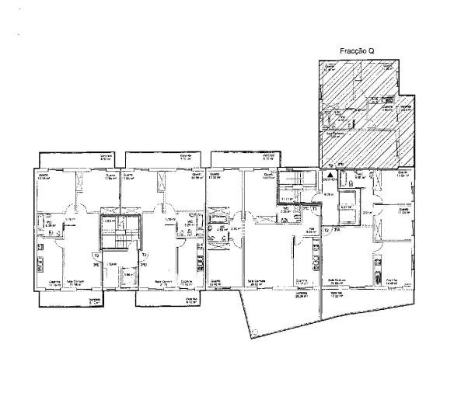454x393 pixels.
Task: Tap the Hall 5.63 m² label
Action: point(309,231)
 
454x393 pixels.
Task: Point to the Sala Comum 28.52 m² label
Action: point(257,283)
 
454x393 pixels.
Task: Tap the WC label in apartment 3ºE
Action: point(48,224)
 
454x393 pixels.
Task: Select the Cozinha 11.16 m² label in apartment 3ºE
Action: point(55,283)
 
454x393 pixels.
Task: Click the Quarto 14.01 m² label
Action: point(270,176)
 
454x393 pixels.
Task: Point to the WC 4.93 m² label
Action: point(222,229)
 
